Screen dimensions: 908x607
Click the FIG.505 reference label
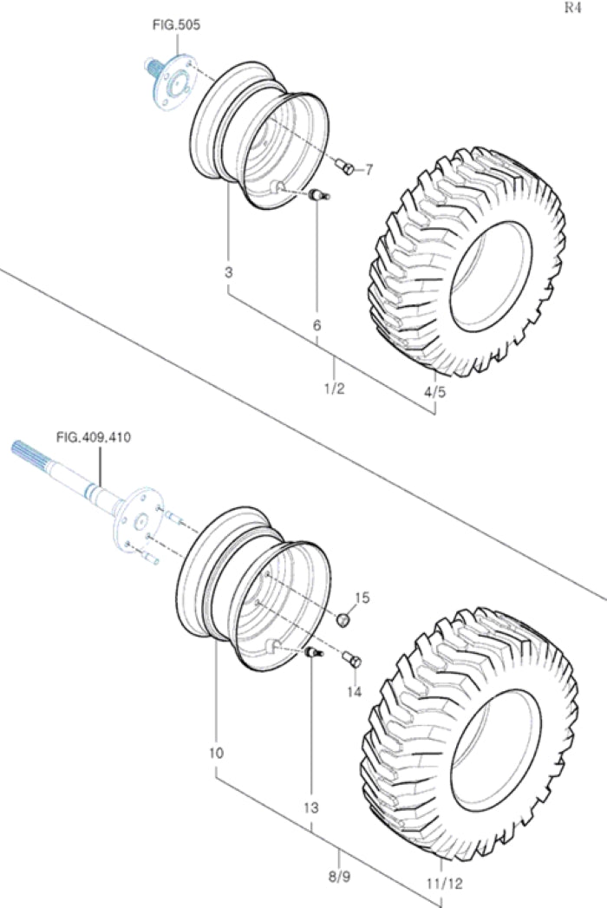177,25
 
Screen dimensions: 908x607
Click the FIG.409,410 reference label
93,438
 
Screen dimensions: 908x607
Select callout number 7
369,170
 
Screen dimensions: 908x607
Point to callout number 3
228,272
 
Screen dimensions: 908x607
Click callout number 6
317,325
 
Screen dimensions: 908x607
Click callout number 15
362,598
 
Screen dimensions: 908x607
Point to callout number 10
216,753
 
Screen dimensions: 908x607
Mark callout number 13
310,807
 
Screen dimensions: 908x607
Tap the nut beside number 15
343,619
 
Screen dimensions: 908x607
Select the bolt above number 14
352,661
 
